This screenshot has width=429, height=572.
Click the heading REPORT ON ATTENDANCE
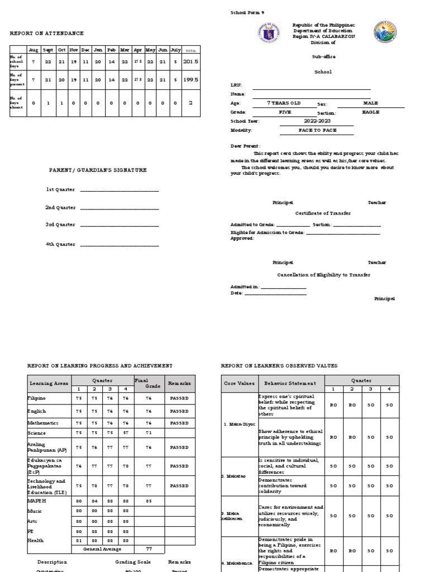[x=46, y=34]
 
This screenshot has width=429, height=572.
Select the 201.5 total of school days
[x=190, y=62]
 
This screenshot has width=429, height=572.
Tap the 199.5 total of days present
[x=190, y=80]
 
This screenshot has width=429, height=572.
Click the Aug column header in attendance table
[x=33, y=50]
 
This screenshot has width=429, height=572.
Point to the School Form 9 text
[x=247, y=12]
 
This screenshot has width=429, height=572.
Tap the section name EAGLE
[x=370, y=112]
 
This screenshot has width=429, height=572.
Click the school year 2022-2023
[x=317, y=121]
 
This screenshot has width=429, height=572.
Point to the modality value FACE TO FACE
[x=317, y=130]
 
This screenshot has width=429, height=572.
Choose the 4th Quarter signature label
[x=60, y=244]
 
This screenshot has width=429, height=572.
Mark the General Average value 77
[x=149, y=549]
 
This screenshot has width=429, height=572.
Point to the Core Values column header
[x=239, y=383]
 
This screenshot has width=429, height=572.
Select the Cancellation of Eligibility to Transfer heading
[x=323, y=275]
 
